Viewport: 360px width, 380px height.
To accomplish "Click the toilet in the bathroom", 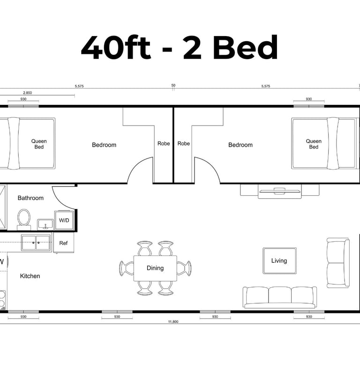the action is pyautogui.click(x=24, y=219).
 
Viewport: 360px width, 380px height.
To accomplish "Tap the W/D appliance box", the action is pyautogui.click(x=64, y=220).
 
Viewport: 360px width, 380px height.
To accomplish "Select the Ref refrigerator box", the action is pyautogui.click(x=63, y=243).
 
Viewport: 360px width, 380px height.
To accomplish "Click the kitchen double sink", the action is pyautogui.click(x=36, y=242).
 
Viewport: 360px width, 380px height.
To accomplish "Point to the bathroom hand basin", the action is pyautogui.click(x=45, y=224).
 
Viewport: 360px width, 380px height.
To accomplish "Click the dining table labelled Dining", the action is pyautogui.click(x=155, y=268).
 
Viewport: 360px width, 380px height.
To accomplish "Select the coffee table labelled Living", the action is pyautogui.click(x=279, y=261).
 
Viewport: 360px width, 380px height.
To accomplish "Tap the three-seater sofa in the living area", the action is pyautogui.click(x=280, y=298).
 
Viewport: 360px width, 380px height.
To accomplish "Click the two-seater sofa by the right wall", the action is pyautogui.click(x=338, y=263).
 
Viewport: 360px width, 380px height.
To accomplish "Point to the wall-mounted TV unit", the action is pyautogui.click(x=280, y=191).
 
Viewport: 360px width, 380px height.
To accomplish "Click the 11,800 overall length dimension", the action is pyautogui.click(x=173, y=321).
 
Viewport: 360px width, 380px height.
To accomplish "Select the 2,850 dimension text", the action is pyautogui.click(x=27, y=93).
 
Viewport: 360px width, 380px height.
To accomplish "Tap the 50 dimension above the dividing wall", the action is pyautogui.click(x=173, y=85).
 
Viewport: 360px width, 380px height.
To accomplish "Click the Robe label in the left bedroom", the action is pyautogui.click(x=164, y=143).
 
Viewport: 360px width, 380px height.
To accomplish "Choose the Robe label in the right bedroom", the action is pyautogui.click(x=183, y=143).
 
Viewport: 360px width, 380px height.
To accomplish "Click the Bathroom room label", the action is pyautogui.click(x=30, y=198).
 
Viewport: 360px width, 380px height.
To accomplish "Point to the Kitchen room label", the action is pyautogui.click(x=30, y=276).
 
